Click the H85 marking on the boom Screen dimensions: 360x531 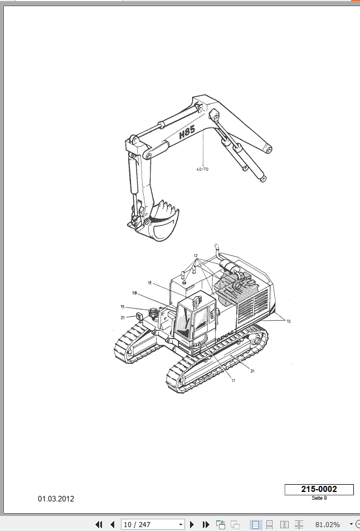click(x=187, y=132)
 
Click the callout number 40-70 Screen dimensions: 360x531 click(x=202, y=169)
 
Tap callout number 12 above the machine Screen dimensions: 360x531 click(x=196, y=255)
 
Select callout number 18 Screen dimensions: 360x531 click(x=149, y=283)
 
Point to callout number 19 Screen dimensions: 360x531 click(x=134, y=293)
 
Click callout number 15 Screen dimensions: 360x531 click(x=123, y=307)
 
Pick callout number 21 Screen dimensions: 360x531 click(x=123, y=318)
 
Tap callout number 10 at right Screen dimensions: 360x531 click(x=288, y=321)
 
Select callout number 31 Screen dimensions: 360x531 click(x=252, y=371)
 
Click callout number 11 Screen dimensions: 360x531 click(x=233, y=380)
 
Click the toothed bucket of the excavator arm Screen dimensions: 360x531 click(x=162, y=220)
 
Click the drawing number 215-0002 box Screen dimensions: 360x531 click(x=319, y=489)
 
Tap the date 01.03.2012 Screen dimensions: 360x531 click(x=56, y=499)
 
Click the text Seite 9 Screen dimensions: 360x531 click(x=319, y=498)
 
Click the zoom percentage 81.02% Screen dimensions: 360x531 click(x=328, y=524)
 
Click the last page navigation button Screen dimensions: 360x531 click(x=206, y=524)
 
